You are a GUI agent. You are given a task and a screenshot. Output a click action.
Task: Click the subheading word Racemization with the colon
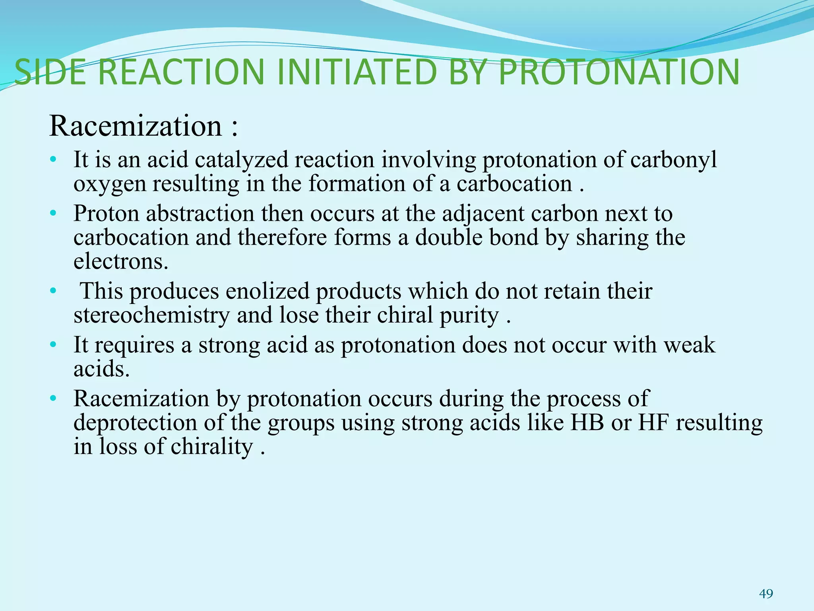(143, 126)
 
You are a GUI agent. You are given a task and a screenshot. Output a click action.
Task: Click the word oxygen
(110, 185)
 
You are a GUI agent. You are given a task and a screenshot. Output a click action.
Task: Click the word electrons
(121, 262)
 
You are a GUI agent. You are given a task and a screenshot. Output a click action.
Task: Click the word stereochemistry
(151, 315)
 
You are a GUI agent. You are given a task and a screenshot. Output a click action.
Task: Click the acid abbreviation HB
(587, 423)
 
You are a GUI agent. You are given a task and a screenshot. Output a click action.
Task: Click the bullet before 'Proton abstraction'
(53, 214)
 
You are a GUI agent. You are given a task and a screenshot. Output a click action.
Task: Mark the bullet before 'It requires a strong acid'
(53, 345)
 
